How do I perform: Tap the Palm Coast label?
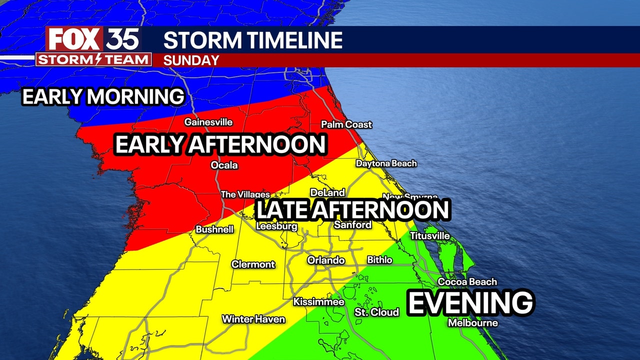pos(346,124)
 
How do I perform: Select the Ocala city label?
pos(224,165)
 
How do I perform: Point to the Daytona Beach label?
pos(386,163)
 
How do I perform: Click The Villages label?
pos(245,194)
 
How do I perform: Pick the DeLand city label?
pos(327,192)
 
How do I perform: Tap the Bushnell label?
pos(214,229)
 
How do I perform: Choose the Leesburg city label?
pos(276,226)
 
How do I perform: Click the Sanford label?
pos(352,225)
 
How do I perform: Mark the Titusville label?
pos(429,235)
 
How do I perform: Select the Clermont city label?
pos(253,264)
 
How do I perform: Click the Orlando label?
pos(326,260)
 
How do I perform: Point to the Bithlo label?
pos(379,260)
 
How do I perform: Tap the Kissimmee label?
pos(318,302)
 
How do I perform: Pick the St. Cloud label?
pos(376,312)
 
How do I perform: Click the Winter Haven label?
pos(253,319)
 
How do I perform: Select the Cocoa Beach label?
pos(467,282)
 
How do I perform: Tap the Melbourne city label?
pos(472,323)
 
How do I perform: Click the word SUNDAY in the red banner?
pos(191,60)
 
